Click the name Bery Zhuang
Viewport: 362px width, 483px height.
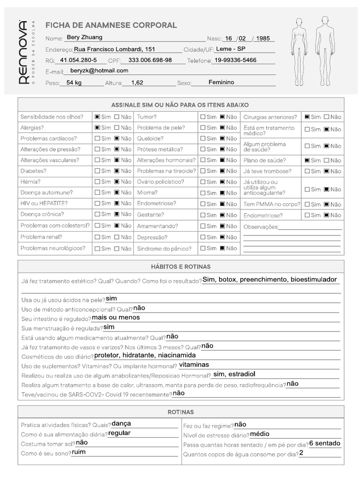coord(84,37)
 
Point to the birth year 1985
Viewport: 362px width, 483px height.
coord(263,39)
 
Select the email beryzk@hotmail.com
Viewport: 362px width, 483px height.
coord(99,71)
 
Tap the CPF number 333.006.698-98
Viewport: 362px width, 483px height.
coord(150,60)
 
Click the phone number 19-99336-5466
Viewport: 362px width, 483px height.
coord(235,60)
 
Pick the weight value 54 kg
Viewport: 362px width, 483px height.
coord(74,83)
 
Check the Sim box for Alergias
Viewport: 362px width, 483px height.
coord(97,128)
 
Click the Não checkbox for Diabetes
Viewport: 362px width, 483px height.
coord(117,171)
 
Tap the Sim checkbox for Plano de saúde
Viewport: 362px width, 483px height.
coord(307,160)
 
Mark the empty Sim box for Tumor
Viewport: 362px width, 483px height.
coord(203,117)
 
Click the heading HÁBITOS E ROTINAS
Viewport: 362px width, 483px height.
coord(181,267)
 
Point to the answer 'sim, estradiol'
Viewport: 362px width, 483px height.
coord(234,374)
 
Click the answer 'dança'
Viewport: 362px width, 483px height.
coord(121,424)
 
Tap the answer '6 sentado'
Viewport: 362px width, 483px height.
coord(325,443)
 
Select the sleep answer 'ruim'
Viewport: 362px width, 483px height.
coord(79,452)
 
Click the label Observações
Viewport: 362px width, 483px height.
coord(261,227)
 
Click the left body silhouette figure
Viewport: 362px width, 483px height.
coord(298,52)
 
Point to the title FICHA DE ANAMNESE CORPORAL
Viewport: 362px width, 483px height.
coord(111,25)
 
